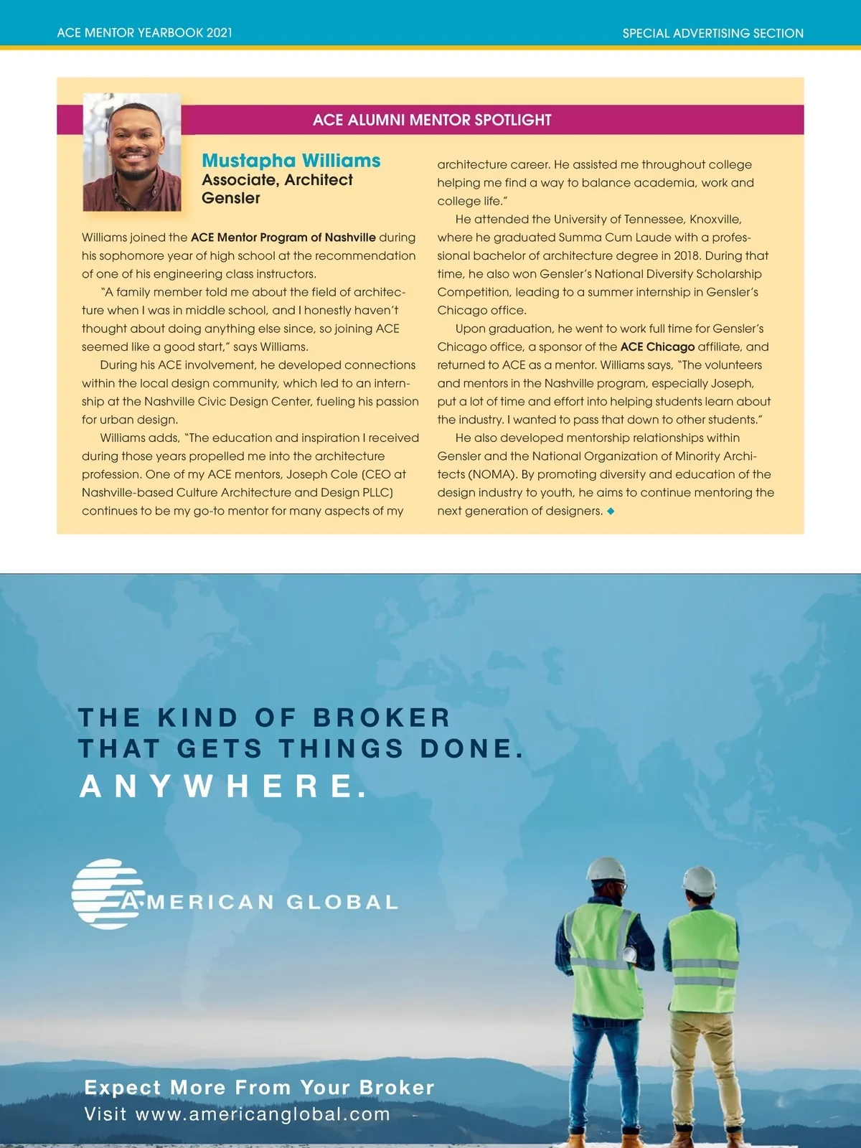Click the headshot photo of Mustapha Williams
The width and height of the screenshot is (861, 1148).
[x=132, y=152]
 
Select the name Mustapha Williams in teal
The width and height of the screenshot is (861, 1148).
[x=291, y=161]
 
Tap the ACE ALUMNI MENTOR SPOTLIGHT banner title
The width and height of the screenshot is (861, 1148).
[x=432, y=120]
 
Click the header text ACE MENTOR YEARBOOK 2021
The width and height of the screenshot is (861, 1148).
[x=144, y=33]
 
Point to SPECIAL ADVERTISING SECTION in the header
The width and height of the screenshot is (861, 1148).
[x=712, y=33]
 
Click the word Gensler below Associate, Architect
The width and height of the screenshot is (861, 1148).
[x=230, y=198]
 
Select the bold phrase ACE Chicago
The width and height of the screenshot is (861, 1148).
[x=657, y=347]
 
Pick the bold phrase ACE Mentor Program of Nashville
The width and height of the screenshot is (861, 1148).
[x=283, y=237]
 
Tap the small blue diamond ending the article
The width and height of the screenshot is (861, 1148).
[x=611, y=511]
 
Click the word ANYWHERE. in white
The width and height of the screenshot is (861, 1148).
[x=223, y=786]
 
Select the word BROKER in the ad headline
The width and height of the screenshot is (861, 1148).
[x=381, y=717]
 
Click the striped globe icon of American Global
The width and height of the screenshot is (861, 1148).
[x=105, y=893]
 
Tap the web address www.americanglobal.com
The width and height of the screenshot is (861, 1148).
[x=263, y=1114]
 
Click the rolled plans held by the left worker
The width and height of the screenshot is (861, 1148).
[x=631, y=954]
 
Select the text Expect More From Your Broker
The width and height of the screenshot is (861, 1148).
[x=259, y=1087]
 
